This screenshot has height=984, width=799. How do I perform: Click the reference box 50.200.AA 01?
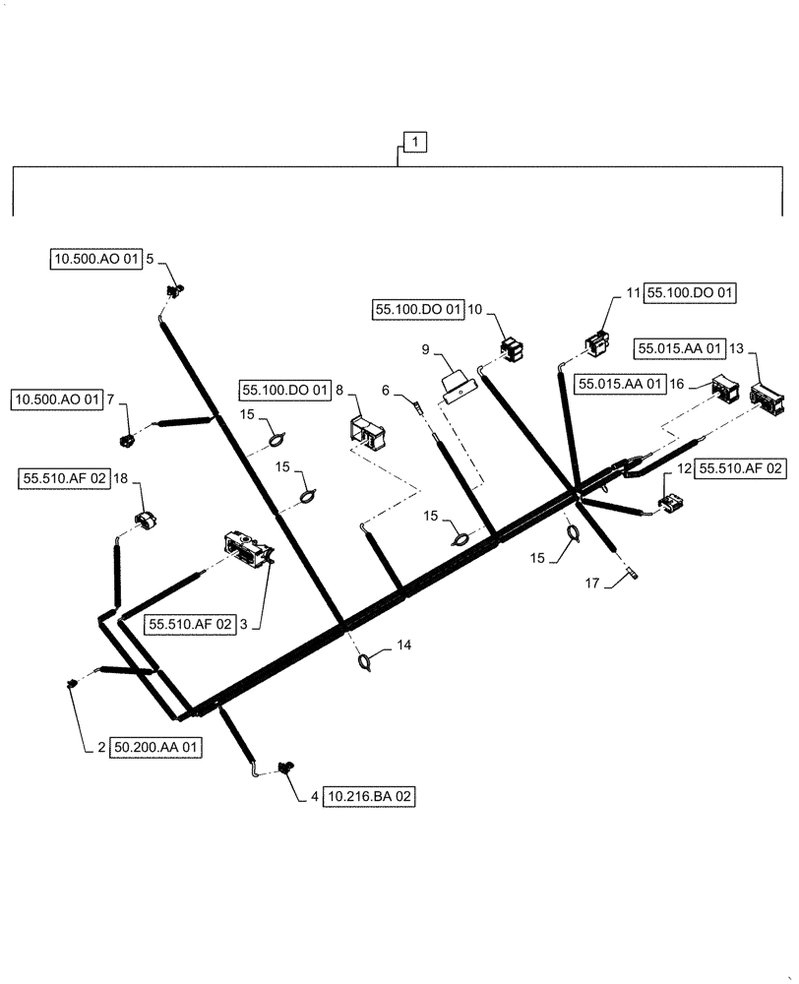point(155,748)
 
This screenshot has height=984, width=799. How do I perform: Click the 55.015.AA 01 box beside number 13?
point(680,348)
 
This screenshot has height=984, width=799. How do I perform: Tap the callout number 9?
point(425,348)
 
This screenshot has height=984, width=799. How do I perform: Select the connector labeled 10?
point(511,348)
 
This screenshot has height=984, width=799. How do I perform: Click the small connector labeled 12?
point(670,504)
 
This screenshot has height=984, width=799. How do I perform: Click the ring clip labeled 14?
point(365,663)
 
